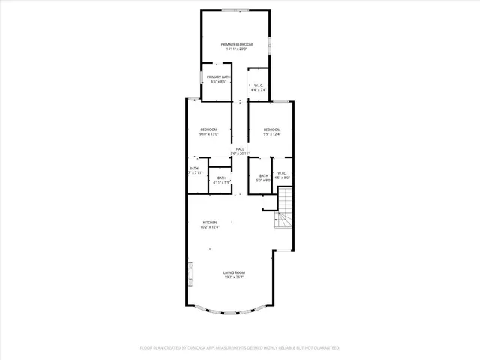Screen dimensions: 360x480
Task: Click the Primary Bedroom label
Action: coord(236,45)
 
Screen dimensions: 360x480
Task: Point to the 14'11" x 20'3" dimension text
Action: coord(236,50)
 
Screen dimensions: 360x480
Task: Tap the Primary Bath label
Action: coord(219,76)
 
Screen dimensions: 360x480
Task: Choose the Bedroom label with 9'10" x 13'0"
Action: coord(209,130)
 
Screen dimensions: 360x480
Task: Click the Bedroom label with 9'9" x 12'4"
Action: coord(271,130)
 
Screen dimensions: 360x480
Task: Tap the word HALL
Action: coord(240,149)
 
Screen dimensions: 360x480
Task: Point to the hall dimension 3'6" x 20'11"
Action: coord(240,154)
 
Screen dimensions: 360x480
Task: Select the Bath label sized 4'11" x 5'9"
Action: coord(221,178)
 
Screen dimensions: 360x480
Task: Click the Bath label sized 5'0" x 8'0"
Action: coord(264,175)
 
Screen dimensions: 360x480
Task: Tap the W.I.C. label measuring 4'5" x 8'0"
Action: coord(283,175)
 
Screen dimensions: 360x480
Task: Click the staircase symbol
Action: coord(285,210)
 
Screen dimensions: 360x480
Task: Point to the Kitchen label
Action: coord(210,223)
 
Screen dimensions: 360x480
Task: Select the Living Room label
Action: coord(234,272)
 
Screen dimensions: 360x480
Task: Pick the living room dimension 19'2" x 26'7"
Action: coord(234,277)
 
